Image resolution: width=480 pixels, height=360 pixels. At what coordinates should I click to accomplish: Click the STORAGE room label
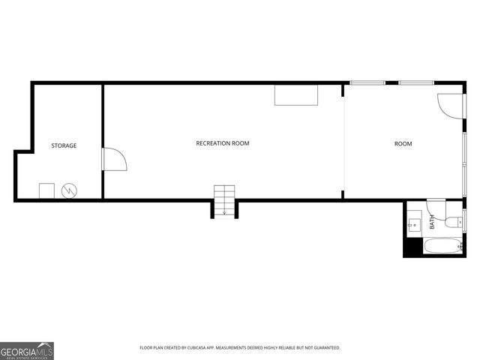64,145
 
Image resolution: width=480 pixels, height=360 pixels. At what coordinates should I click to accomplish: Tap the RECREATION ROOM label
223,143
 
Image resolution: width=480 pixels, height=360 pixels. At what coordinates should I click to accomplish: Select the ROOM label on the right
403,144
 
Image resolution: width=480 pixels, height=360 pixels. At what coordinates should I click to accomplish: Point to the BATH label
432,222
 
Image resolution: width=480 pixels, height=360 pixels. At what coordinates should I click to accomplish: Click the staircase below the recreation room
224,200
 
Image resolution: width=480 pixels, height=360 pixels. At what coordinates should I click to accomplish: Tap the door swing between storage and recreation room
114,159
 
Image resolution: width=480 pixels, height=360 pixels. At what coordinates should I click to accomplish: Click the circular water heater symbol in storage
69,190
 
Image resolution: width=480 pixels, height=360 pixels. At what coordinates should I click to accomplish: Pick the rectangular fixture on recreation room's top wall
296,95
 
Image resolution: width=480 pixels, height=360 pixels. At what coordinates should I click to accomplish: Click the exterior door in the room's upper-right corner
450,106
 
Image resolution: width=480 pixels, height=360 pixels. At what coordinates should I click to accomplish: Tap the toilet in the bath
454,222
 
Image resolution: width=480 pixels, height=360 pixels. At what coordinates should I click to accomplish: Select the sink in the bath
413,223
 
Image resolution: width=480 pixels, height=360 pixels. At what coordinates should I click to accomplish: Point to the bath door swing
436,208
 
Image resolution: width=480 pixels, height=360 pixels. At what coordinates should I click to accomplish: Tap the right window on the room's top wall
415,82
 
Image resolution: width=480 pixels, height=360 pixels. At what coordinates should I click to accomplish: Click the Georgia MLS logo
27,350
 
